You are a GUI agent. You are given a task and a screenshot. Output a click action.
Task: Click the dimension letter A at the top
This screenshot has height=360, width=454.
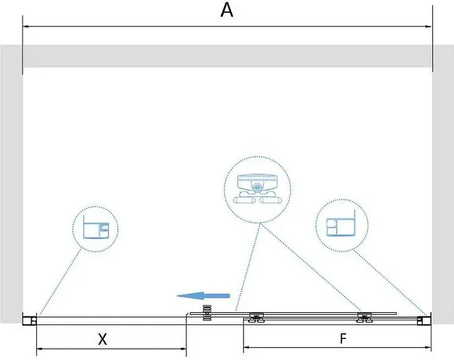(228, 10)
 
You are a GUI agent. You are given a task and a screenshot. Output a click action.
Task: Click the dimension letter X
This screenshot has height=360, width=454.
(102, 339)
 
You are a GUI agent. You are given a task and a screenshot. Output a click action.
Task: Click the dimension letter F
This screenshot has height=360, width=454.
(344, 338)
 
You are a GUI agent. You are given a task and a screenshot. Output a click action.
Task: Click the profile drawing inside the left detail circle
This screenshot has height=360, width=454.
(95, 228)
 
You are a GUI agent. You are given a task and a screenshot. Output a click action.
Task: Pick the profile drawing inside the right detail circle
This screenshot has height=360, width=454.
(339, 226)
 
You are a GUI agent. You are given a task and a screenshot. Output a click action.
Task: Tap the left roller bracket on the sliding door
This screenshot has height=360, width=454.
(257, 317)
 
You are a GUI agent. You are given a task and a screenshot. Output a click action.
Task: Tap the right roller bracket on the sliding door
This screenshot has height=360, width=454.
(364, 317)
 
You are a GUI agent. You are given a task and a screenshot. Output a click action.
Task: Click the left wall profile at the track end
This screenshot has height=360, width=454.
(32, 318)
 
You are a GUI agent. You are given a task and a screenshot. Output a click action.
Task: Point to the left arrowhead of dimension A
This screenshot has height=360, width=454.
(27, 27)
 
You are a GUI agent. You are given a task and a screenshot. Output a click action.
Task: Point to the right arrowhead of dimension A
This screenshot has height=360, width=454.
(429, 27)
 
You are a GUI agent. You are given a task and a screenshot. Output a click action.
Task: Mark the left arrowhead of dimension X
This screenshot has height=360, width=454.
(39, 350)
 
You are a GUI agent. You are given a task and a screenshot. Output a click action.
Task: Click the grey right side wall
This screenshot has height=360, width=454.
(443, 184)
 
